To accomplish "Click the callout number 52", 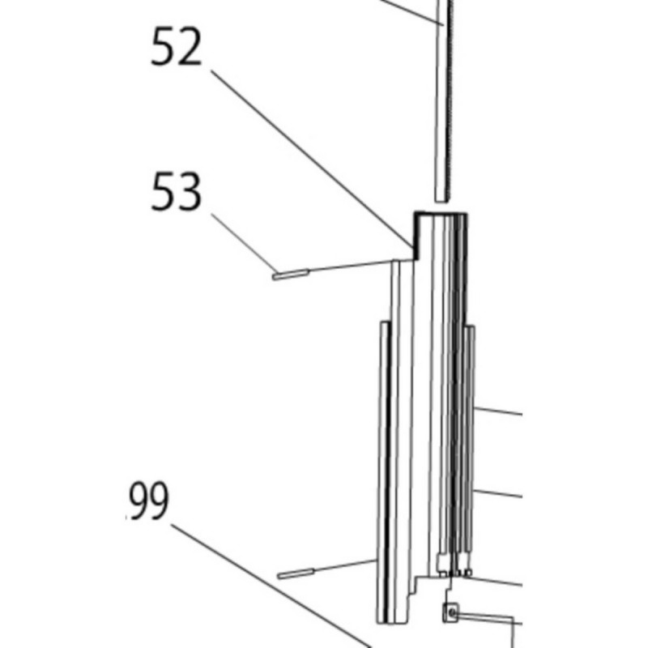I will click(x=176, y=50).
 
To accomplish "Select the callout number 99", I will click(x=149, y=501).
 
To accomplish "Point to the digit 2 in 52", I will click(x=190, y=50).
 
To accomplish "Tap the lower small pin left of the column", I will click(x=295, y=574).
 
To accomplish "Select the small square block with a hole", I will click(x=450, y=613).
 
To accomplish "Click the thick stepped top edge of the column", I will click(x=437, y=214).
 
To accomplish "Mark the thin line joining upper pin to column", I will click(x=348, y=268).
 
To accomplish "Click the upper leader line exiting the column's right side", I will click(x=498, y=409).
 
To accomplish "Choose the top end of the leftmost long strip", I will click(x=382, y=326).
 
